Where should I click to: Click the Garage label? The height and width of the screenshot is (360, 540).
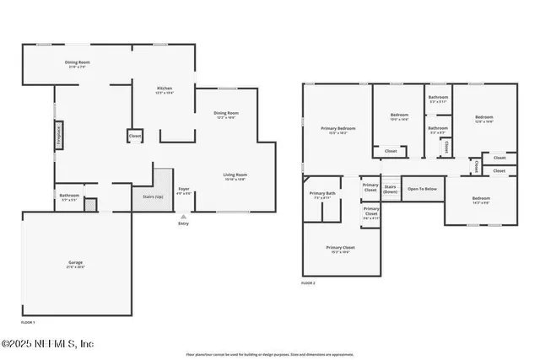tap(76, 264)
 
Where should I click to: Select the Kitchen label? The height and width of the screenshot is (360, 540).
tap(165, 89)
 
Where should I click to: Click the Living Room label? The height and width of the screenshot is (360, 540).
tap(235, 176)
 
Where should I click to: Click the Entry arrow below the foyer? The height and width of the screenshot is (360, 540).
tap(184, 217)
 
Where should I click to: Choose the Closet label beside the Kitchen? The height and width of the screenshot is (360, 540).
tap(135, 136)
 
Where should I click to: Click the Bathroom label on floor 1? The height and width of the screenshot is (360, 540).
tap(69, 196)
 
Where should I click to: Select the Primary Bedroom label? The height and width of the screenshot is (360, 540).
tap(337, 130)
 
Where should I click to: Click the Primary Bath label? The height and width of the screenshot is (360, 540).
tap(324, 195)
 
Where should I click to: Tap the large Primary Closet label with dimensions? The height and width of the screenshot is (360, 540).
tap(341, 249)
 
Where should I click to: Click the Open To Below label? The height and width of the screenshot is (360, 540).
tap(422, 189)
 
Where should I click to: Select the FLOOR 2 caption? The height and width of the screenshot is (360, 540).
tap(308, 283)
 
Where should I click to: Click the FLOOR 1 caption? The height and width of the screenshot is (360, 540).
tap(28, 322)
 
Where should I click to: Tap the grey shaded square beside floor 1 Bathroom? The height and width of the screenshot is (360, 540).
tap(91, 204)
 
